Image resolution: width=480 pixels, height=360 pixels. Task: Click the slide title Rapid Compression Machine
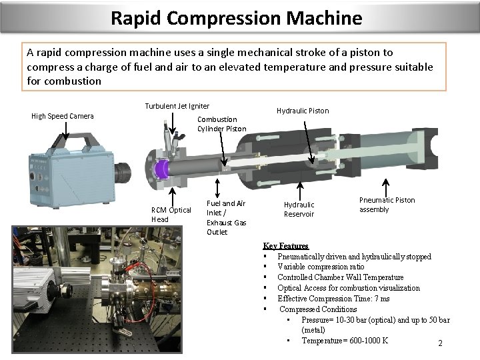click(x=237, y=17)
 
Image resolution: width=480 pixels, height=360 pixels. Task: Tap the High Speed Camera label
click(x=63, y=117)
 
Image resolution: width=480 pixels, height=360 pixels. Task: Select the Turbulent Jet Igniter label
click(x=177, y=106)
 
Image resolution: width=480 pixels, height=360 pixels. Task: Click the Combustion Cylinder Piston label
click(x=221, y=124)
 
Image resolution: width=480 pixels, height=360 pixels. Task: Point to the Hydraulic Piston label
click(x=303, y=111)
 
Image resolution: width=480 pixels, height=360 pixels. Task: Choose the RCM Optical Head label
click(x=171, y=215)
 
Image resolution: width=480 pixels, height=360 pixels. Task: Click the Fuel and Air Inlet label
click(x=226, y=217)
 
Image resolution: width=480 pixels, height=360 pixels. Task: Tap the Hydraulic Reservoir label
click(x=299, y=209)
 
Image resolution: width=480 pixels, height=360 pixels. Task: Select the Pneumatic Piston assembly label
click(x=387, y=205)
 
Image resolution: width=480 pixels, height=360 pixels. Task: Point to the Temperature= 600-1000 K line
click(x=345, y=341)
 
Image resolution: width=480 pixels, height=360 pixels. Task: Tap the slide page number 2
click(x=440, y=343)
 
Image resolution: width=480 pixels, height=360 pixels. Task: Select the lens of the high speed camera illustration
click(x=123, y=173)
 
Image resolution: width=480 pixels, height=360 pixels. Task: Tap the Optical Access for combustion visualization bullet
click(x=348, y=288)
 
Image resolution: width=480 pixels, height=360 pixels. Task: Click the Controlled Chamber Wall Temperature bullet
click(x=340, y=277)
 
